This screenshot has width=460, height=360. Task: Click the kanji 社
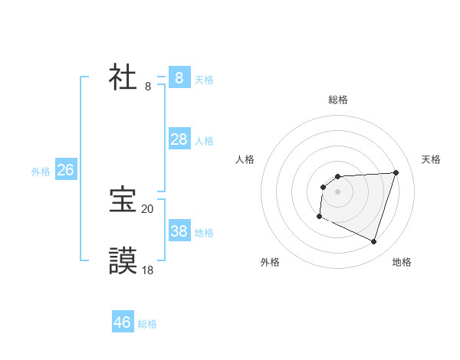tap(123, 77)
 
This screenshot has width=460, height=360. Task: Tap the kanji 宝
tap(123, 200)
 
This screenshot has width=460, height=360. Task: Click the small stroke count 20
tap(147, 208)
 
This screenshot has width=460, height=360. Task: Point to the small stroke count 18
tap(147, 270)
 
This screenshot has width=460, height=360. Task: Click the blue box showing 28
tap(179, 139)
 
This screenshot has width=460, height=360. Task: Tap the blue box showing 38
tap(179, 231)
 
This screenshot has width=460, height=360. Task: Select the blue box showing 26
tap(65, 170)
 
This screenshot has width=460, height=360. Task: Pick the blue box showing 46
tap(123, 322)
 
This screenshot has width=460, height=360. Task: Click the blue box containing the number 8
tap(179, 77)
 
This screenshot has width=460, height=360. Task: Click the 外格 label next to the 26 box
tap(41, 172)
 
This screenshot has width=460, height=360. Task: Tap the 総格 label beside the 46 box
tap(147, 324)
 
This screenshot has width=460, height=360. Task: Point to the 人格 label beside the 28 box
tap(204, 141)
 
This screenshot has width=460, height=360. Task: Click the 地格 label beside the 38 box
tap(204, 233)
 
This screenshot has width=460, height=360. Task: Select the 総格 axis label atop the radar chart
tap(337, 100)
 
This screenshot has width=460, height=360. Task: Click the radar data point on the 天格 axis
tap(396, 172)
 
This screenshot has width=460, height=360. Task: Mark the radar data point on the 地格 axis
tap(373, 242)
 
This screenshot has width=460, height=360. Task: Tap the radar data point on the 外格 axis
tap(319, 217)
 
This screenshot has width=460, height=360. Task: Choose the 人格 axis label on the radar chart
tap(245, 159)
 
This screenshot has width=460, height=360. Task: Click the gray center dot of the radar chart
tap(337, 191)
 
